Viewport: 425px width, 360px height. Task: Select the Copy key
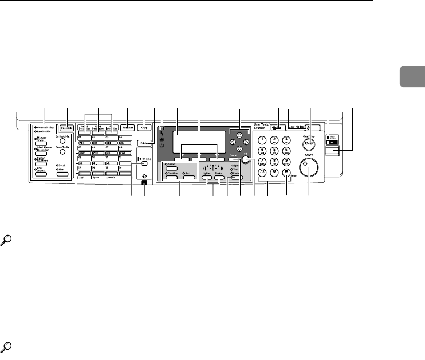(145, 129)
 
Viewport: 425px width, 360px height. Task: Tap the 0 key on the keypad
(275, 174)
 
